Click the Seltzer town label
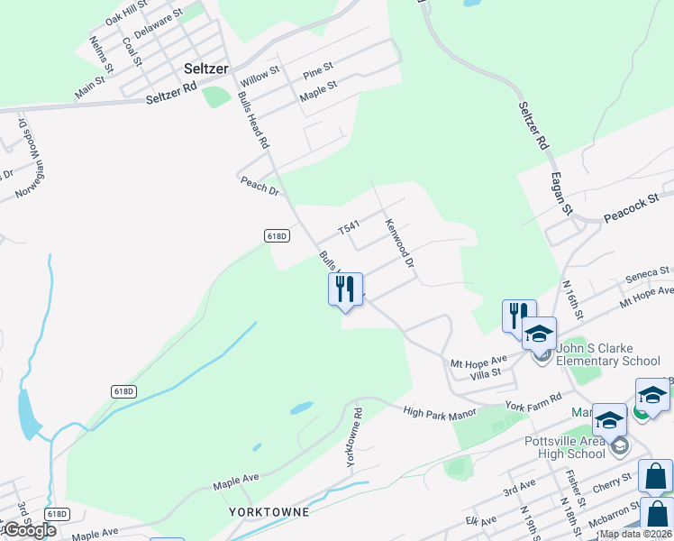(x=206, y=69)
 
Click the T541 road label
(x=349, y=229)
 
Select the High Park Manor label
(x=440, y=412)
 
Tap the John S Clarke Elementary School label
(x=607, y=354)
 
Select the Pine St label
(x=318, y=68)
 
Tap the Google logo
(x=29, y=530)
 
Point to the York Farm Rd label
(x=533, y=401)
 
